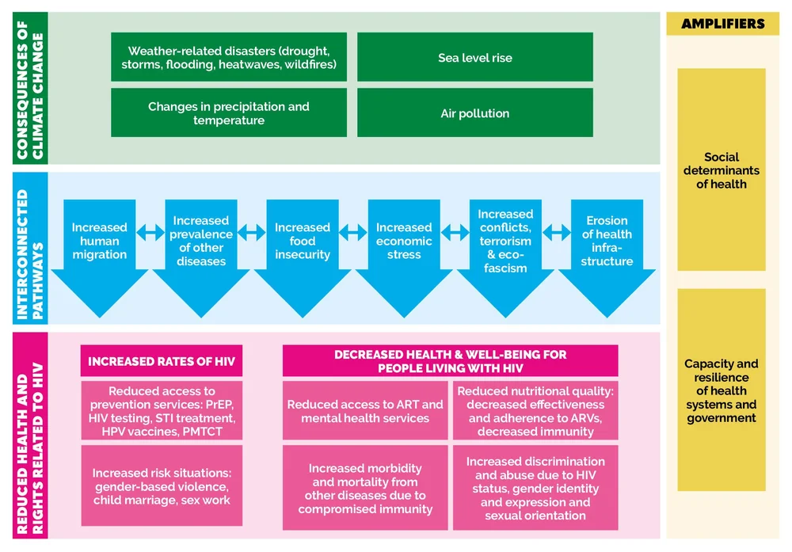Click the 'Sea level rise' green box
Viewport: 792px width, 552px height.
click(474, 57)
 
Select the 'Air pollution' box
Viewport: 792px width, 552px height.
click(474, 112)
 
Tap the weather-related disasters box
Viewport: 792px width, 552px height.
click(229, 57)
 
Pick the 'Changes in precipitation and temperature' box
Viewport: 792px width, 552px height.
click(229, 112)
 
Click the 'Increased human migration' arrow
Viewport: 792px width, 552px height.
click(99, 242)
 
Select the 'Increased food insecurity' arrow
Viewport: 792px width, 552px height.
click(302, 242)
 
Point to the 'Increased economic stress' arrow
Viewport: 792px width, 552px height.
click(403, 242)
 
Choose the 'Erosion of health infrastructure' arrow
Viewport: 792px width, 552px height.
click(607, 242)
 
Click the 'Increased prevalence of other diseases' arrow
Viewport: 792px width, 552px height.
click(200, 242)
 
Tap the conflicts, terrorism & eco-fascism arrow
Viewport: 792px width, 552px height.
click(505, 242)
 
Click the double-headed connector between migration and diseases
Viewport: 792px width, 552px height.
click(150, 232)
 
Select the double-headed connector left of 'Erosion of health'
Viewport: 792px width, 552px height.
click(556, 232)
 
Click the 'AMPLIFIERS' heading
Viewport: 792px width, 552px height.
click(722, 24)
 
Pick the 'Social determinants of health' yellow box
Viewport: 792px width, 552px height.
click(722, 170)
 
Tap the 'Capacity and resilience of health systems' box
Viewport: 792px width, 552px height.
click(722, 390)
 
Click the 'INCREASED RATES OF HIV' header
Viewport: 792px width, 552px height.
click(162, 361)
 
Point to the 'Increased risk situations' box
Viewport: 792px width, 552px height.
click(162, 486)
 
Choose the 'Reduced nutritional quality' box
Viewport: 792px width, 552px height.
click(535, 411)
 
